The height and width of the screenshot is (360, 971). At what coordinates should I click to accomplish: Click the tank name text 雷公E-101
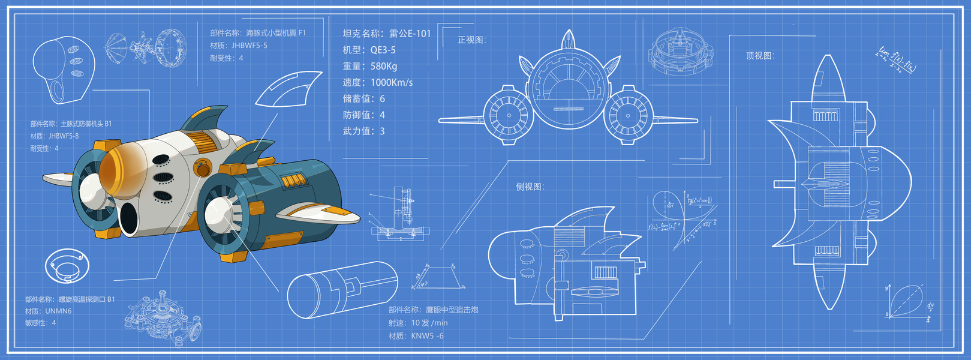coord(410,34)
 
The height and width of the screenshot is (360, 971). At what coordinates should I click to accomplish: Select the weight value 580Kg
coord(384,66)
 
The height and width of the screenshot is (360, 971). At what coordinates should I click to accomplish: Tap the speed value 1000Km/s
coord(392,82)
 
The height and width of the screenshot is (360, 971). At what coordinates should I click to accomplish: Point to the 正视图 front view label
coord(471,40)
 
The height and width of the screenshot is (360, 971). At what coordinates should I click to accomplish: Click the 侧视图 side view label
coord(530,187)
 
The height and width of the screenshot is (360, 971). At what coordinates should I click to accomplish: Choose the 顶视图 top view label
coord(760,56)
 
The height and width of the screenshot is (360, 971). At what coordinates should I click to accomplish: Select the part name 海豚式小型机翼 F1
coord(276,33)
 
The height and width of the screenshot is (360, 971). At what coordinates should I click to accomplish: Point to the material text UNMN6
coord(58,311)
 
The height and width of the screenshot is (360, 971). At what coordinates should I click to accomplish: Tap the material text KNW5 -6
coord(427,336)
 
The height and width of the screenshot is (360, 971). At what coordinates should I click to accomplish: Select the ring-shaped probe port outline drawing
coord(67,266)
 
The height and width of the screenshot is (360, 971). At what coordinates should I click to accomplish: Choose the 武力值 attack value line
coord(363,131)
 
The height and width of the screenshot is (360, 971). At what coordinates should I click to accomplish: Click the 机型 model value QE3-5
coord(383,50)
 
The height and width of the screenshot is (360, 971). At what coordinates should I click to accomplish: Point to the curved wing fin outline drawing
coord(288,89)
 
